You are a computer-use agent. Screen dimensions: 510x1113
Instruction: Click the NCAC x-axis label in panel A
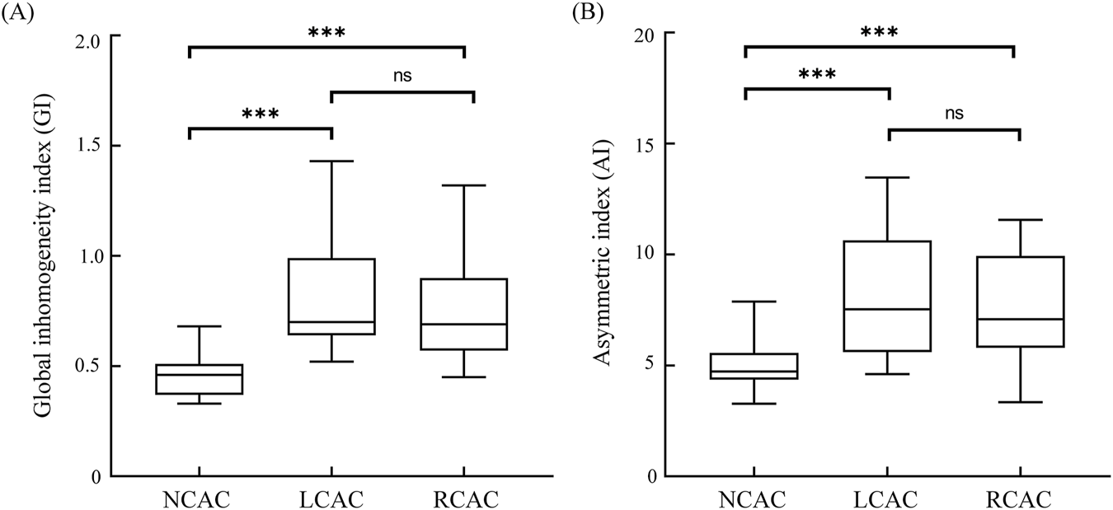click(199, 499)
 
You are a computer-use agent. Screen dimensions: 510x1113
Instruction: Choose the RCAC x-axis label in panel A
click(463, 499)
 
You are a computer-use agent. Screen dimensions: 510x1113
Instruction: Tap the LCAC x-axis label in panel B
click(887, 499)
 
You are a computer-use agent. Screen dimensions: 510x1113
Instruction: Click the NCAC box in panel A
click(199, 379)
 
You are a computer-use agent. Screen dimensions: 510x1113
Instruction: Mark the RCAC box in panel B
click(1020, 302)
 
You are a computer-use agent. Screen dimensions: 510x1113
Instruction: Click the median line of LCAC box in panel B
click(887, 309)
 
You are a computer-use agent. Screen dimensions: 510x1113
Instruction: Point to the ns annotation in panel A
click(402, 76)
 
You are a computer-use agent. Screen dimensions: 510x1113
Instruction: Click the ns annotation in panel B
click(954, 113)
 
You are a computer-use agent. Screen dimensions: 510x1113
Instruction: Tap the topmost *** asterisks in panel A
click(326, 34)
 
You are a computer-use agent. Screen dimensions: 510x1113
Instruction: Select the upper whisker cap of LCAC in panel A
click(331, 161)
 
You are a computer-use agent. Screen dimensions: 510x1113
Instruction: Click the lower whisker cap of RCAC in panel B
click(1020, 402)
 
